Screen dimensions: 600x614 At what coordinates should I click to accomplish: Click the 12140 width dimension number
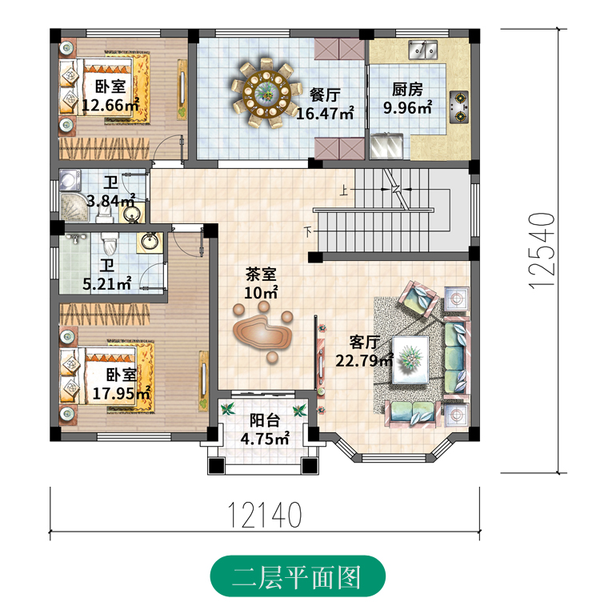point(265,515)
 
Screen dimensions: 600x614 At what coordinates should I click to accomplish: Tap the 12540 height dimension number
point(542,251)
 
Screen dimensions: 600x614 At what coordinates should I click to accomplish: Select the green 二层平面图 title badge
point(298,576)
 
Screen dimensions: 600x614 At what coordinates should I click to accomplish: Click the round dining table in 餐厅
point(266,92)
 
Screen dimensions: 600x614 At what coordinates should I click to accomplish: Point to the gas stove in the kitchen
point(459,106)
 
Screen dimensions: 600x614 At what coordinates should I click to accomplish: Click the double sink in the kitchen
point(422,50)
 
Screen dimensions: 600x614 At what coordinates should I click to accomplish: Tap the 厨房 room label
point(407,90)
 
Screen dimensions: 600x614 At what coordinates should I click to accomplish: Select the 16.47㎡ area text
point(326,114)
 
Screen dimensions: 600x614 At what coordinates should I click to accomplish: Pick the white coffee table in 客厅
point(410,359)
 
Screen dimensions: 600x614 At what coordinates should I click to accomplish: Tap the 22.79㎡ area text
point(364,360)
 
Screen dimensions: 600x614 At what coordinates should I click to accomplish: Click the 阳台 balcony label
point(265,420)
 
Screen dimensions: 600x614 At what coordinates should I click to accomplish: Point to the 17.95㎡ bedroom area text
point(122,393)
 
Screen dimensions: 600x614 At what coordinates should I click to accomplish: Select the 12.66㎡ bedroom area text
point(110,105)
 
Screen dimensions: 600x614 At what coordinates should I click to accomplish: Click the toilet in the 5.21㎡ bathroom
point(110,243)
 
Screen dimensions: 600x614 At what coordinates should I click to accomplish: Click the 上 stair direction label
point(344,191)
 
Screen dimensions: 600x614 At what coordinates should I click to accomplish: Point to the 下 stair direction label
point(309,233)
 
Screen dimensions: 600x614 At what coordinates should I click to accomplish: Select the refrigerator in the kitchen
point(386,146)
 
